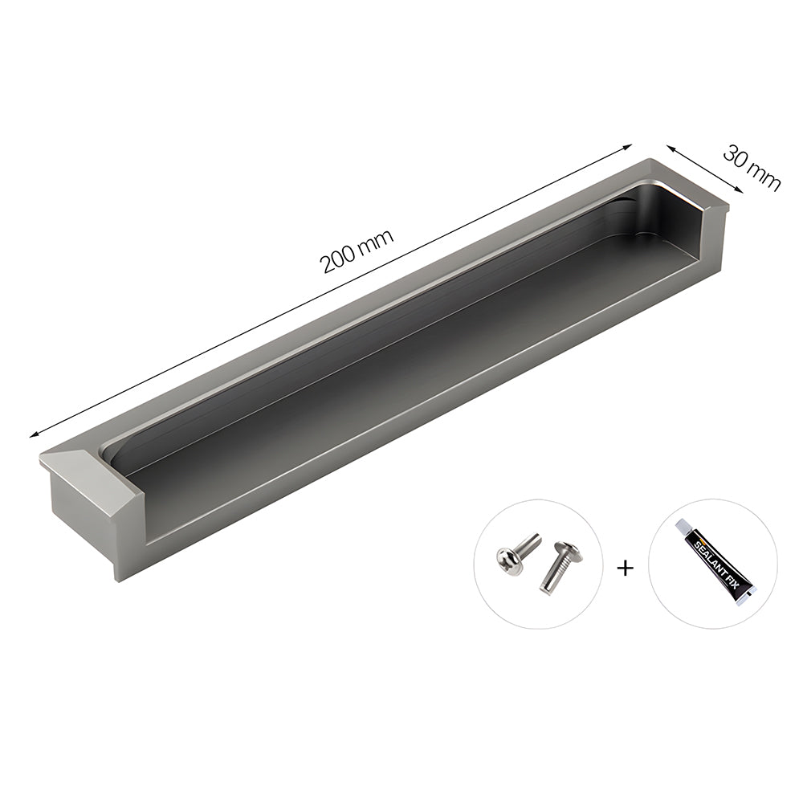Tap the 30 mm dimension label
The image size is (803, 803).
point(752,168)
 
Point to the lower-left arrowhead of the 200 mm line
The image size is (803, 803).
point(34,434)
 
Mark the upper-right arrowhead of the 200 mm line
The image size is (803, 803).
point(629,147)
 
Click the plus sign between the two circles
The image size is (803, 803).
point(625,568)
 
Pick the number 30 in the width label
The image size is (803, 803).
point(738,158)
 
